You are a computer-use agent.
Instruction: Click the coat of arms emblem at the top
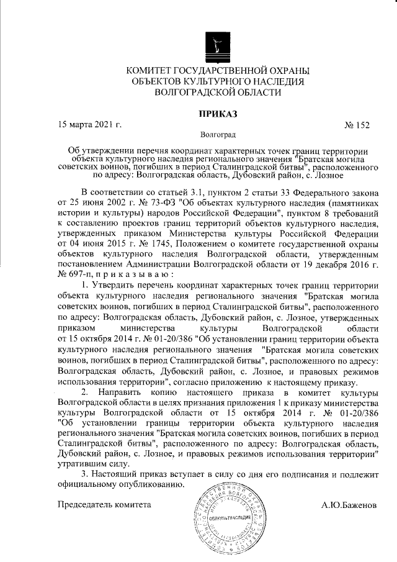pyautogui.click(x=217, y=42)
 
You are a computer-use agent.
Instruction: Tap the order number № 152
pyautogui.click(x=356, y=125)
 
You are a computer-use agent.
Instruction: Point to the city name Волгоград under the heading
pyautogui.click(x=218, y=134)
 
